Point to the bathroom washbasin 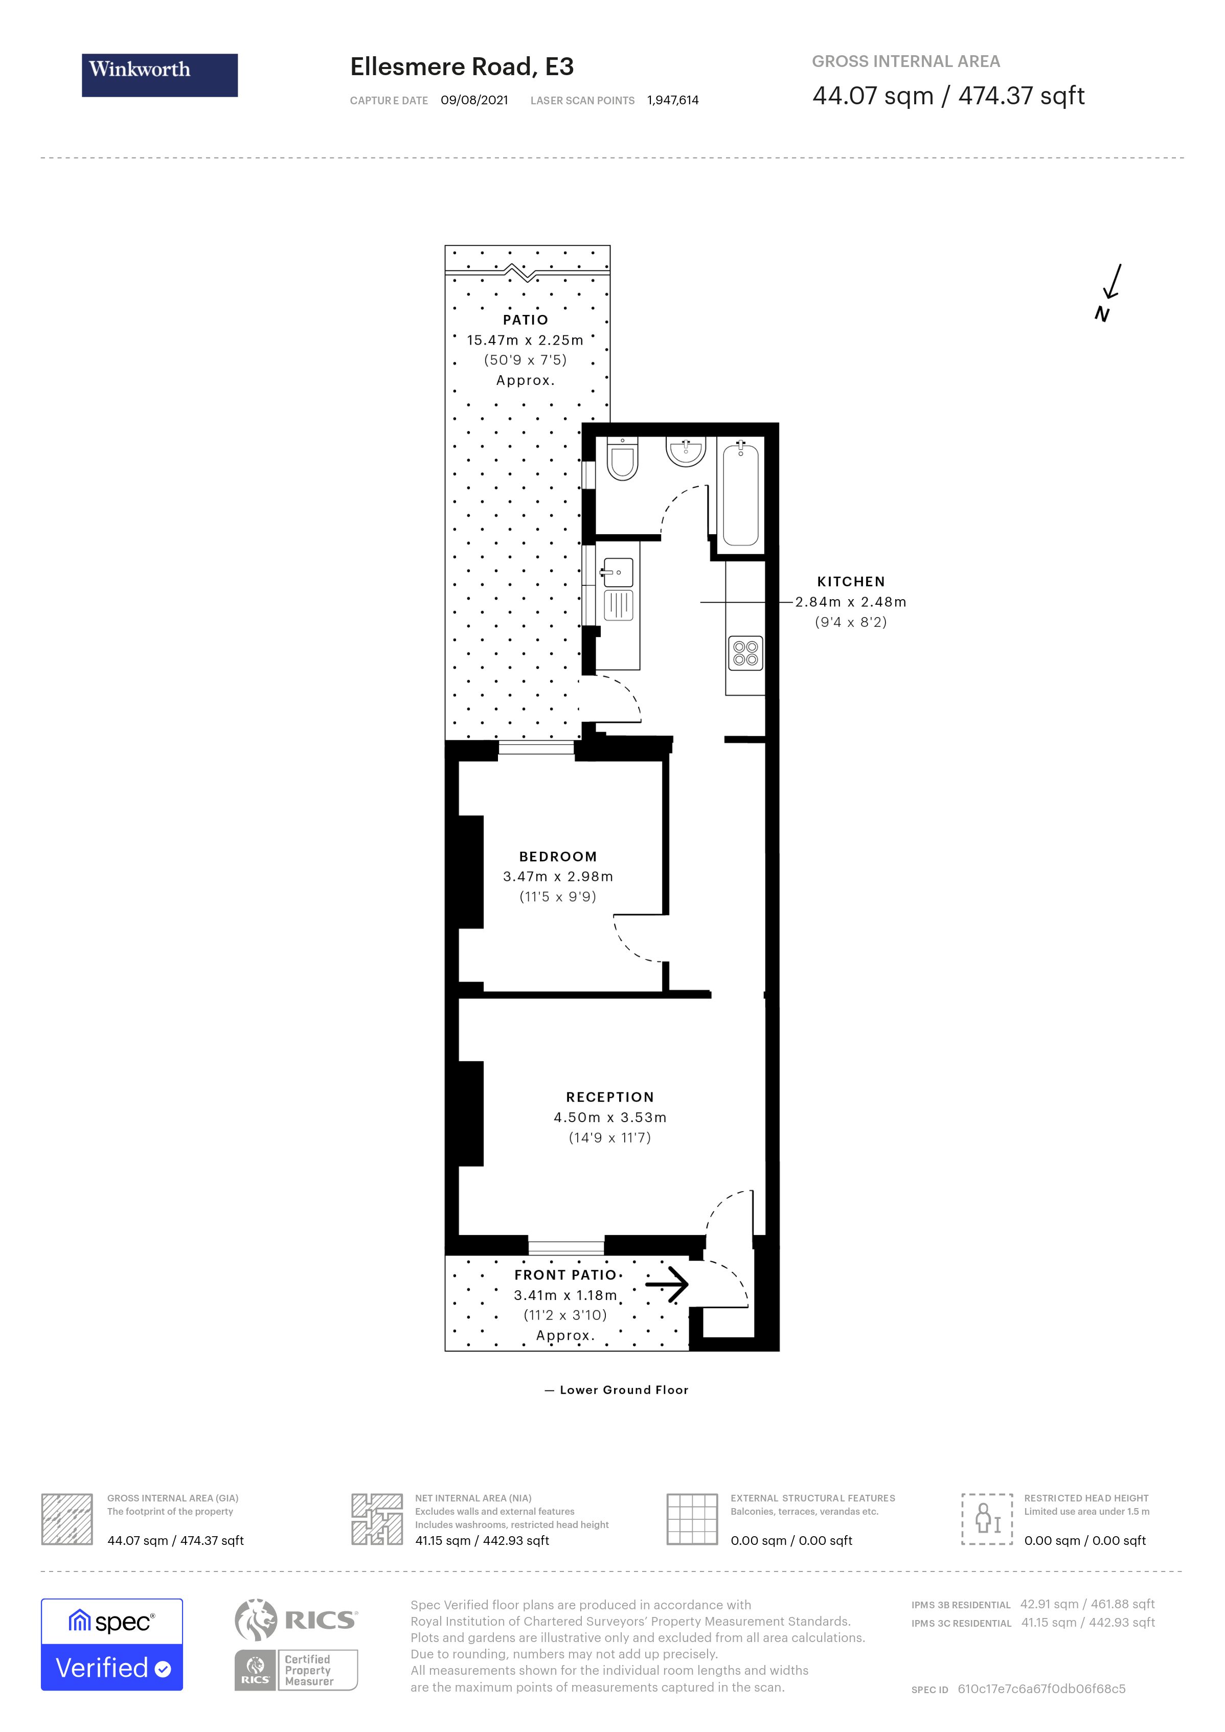pos(685,452)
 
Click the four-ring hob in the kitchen pos(745,653)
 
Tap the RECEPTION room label pos(609,1097)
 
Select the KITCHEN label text pos(851,582)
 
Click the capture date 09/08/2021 pos(474,100)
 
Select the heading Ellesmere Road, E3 pos(462,67)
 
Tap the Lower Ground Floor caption pos(623,1389)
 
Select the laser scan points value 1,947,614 pos(672,100)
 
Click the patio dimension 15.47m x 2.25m pos(525,340)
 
